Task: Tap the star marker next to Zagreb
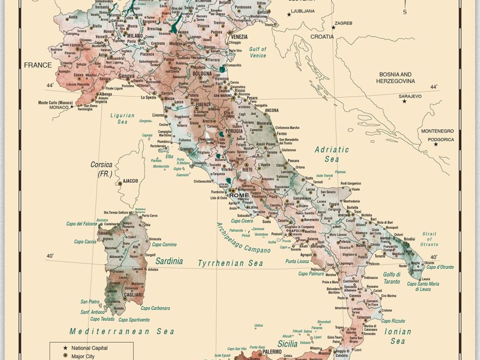(x=333, y=27)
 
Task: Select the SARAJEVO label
(x=410, y=96)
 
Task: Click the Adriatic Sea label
(x=332, y=154)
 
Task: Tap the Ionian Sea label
(x=398, y=336)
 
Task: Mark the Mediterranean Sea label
(x=122, y=331)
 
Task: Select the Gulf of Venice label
(x=257, y=52)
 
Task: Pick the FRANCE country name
(x=38, y=65)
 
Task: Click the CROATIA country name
(x=322, y=37)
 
